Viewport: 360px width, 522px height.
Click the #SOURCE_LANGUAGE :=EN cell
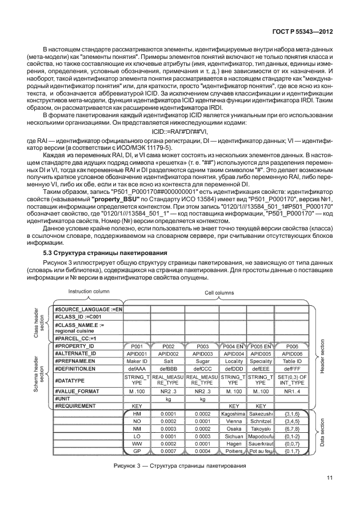coord(89,309)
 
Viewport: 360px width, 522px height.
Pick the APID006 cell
coord(292,354)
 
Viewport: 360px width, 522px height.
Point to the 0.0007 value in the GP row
coord(169,451)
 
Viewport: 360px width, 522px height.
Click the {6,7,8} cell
coord(292,428)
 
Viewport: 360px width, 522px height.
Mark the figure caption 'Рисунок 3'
coord(180,465)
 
